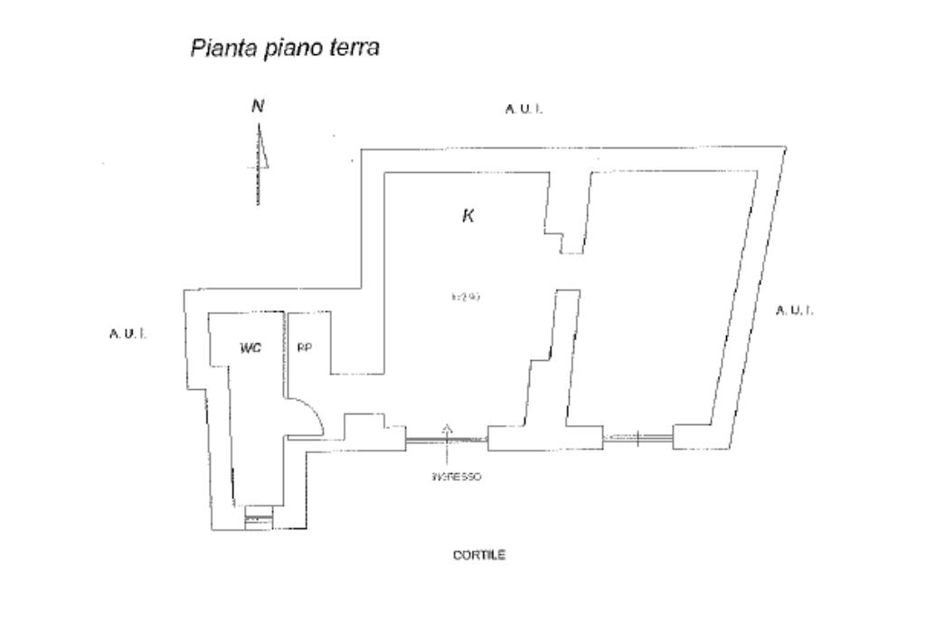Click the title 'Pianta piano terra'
tap(284, 48)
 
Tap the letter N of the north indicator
tap(258, 106)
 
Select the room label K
tap(468, 216)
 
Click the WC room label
tap(250, 348)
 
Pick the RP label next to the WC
tap(305, 348)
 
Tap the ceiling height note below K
tap(464, 296)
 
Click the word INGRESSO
tap(457, 477)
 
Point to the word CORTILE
tap(479, 555)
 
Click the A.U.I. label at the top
tap(524, 109)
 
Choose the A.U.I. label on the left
tap(128, 334)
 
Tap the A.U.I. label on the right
tap(795, 310)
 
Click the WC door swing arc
tap(312, 418)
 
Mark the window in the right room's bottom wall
tap(638, 439)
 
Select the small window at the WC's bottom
tap(259, 518)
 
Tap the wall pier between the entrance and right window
tap(545, 438)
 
